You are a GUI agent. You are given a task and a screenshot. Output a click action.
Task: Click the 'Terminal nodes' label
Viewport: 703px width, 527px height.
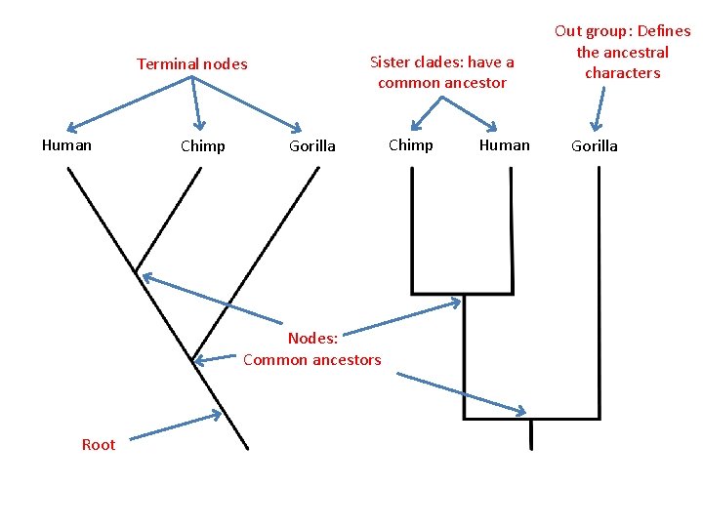191,64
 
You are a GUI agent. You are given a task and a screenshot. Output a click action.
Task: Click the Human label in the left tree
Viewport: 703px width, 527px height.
66,145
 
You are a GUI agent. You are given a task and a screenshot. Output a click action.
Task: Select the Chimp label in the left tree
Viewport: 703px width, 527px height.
202,146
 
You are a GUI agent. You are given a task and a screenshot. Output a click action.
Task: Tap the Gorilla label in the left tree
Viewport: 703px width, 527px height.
311,146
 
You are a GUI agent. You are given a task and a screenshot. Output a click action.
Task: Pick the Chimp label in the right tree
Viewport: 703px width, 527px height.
410,145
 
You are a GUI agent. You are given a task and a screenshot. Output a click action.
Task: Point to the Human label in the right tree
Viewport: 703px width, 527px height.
504,145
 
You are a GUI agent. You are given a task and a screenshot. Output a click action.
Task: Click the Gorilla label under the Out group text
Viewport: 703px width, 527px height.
594,146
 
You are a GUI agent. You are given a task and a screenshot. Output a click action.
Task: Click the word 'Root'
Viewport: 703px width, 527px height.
98,445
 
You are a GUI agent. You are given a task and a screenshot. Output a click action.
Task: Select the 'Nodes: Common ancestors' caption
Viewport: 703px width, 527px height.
311,349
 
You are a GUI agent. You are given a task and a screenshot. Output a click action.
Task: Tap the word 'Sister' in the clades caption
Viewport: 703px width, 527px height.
390,62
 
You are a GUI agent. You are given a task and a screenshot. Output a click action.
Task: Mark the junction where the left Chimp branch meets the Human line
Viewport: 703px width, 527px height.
136,270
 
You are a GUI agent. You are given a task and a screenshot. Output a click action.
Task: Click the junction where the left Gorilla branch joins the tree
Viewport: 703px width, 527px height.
193,358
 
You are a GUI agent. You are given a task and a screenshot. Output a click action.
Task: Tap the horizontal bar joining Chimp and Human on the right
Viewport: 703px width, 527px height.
462,292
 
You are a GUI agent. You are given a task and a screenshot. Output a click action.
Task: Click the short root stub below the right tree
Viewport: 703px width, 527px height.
530,434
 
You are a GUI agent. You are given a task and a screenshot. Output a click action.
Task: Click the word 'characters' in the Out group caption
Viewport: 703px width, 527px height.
622,73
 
